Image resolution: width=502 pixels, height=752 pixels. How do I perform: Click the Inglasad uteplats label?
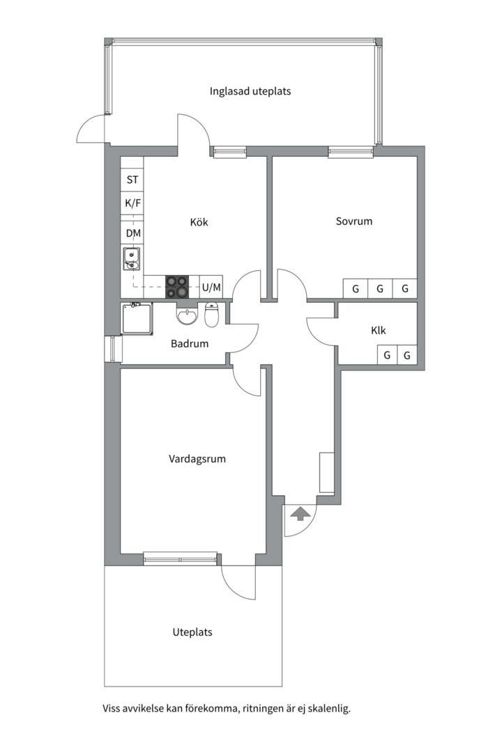point(250,91)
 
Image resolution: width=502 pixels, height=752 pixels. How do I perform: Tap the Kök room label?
point(199,223)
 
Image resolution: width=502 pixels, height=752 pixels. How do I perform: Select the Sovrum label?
point(354,221)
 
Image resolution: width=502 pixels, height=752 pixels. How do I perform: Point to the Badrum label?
point(190,343)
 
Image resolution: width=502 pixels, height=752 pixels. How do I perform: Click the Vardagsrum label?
point(197,460)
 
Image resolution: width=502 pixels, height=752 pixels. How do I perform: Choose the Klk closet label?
point(379,331)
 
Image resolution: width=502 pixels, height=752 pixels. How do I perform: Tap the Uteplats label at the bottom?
point(192,633)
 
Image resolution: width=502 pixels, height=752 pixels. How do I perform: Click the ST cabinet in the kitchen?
point(132,180)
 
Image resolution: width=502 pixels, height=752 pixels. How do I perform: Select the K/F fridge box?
point(132,203)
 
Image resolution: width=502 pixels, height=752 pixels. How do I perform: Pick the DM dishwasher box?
point(132,233)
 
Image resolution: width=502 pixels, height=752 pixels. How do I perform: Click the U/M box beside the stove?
point(211,287)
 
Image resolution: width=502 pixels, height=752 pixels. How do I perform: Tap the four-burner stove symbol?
point(176,287)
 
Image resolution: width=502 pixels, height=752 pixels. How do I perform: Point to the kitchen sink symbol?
point(131,259)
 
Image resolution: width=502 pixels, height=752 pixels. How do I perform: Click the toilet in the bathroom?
point(213,315)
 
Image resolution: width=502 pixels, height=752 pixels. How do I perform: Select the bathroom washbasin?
point(187,316)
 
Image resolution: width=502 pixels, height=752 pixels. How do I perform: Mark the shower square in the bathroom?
point(137,319)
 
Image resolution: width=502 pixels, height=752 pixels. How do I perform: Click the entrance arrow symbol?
point(301,514)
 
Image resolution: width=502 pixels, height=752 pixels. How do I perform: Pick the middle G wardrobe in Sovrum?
point(380,288)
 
